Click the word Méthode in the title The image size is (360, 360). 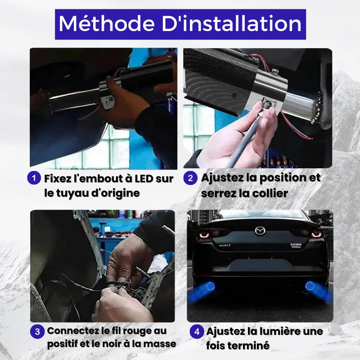point(107,24)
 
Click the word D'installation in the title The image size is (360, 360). point(232,24)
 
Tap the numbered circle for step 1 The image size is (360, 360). point(34,178)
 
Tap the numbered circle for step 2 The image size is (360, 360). point(190,178)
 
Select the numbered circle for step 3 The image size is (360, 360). point(37,331)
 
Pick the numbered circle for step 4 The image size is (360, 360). point(197,331)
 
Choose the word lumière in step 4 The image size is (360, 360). point(274,331)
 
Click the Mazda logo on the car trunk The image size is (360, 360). point(260,230)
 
